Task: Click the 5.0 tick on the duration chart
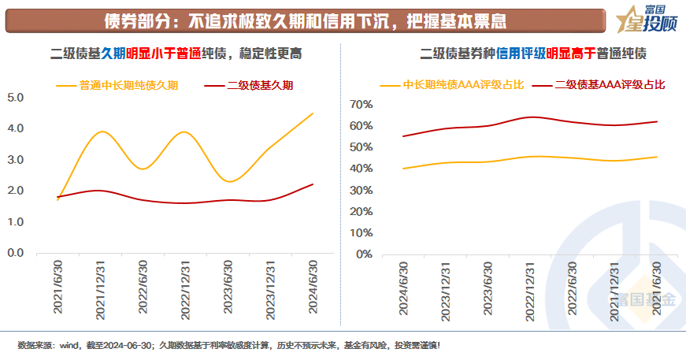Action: tap(16, 98)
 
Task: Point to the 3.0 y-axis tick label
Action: tap(16, 160)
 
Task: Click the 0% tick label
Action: tap(363, 254)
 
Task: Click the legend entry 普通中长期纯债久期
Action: tap(128, 85)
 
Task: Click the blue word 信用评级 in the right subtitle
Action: tap(520, 54)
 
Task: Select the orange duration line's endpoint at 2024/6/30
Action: tap(313, 113)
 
